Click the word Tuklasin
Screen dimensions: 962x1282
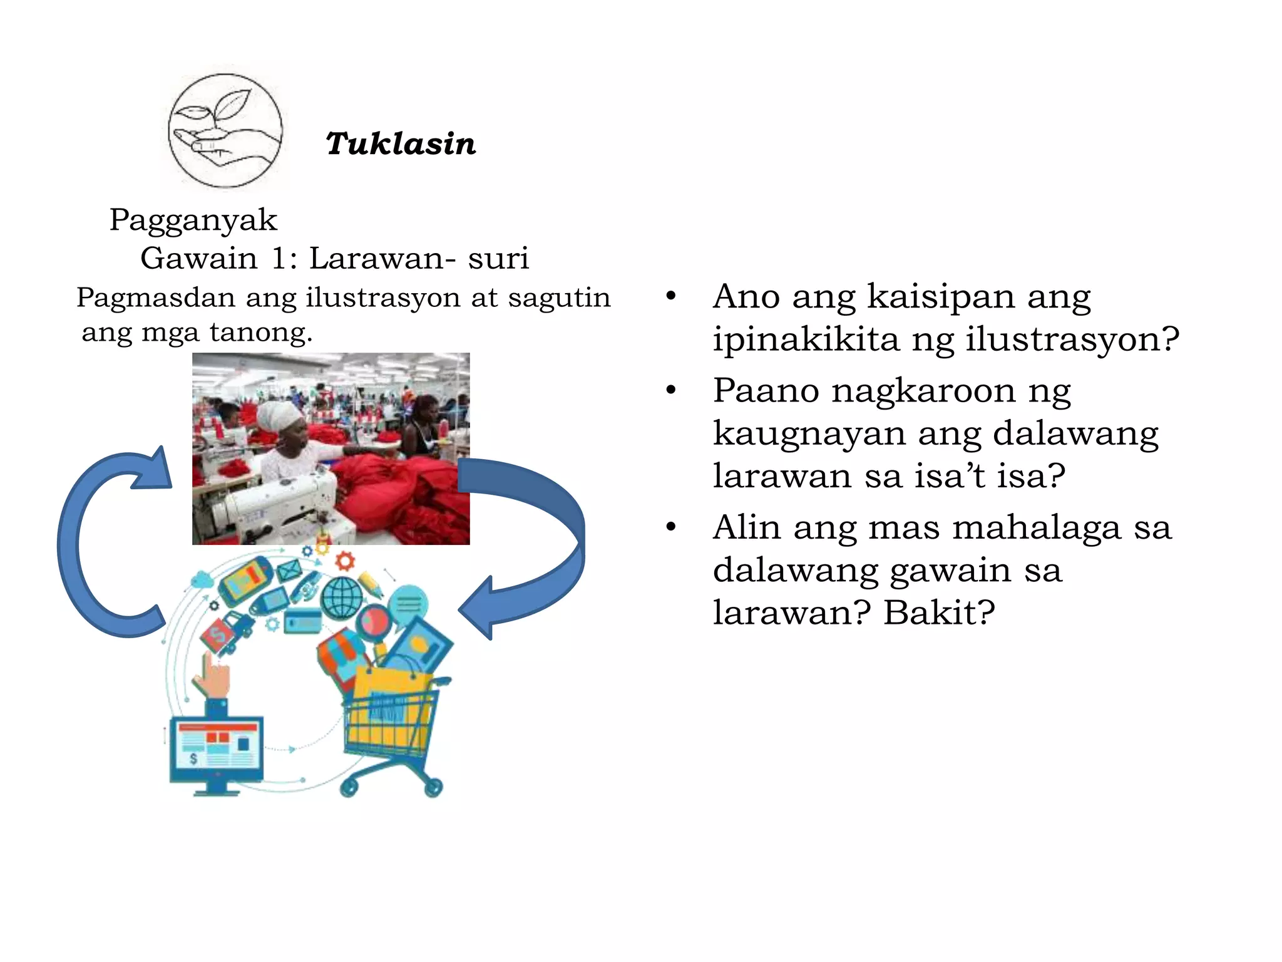(x=401, y=143)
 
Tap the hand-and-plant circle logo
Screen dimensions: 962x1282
(x=225, y=130)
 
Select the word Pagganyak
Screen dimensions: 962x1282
(x=193, y=220)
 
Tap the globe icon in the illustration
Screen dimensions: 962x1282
(x=342, y=596)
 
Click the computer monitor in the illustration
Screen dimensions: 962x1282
(x=217, y=752)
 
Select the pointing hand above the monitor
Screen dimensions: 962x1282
(x=213, y=673)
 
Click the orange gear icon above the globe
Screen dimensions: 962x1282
(x=345, y=560)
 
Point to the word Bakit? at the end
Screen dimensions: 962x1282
(x=939, y=613)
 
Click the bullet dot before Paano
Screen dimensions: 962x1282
(x=672, y=390)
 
